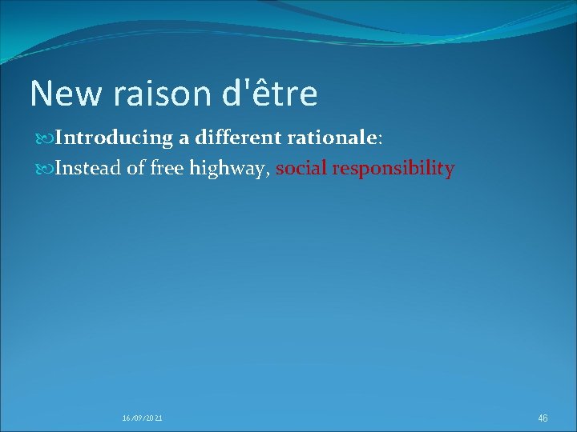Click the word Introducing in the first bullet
pos(115,138)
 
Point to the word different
pos(232,138)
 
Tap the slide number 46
pos(543,418)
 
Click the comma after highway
pos(268,174)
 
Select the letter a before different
pos(184,139)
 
